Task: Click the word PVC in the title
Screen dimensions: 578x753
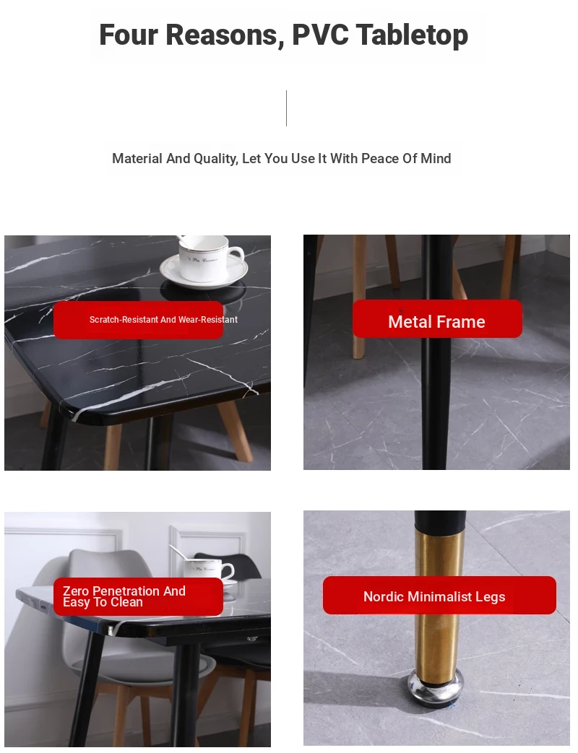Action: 320,35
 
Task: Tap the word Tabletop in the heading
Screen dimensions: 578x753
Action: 412,35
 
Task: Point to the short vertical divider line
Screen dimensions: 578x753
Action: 286,108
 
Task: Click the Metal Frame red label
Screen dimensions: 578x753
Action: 437,319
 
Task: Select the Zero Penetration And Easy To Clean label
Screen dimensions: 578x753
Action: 139,596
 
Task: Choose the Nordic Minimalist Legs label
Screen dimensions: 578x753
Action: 439,596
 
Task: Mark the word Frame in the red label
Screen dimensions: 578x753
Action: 460,322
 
